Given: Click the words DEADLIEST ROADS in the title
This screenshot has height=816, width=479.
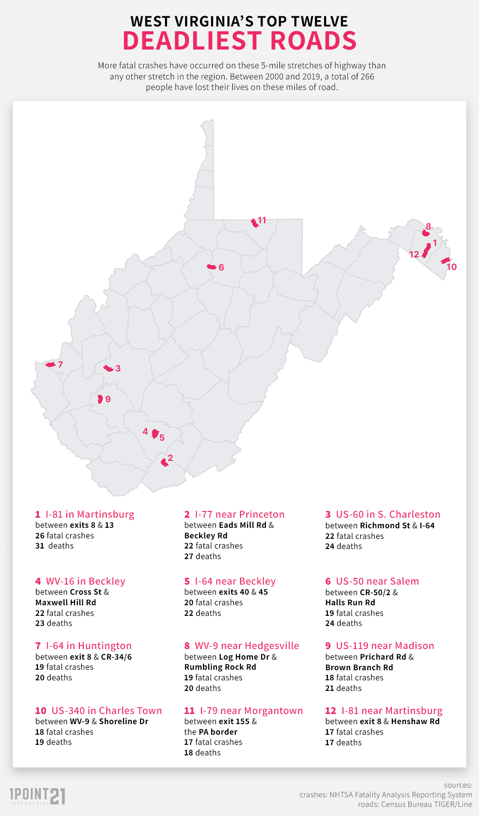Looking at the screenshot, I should [239, 41].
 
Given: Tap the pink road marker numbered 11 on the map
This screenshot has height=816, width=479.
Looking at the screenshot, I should [254, 223].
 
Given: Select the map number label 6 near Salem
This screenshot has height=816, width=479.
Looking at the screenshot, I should [221, 268].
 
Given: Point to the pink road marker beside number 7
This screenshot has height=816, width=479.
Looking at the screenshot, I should [50, 365].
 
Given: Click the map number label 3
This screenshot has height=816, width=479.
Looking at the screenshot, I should [118, 369].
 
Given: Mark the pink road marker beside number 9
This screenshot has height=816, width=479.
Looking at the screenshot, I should [100, 399].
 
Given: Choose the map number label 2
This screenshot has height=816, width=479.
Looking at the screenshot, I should [170, 458].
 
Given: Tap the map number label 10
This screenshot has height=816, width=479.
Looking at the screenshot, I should [452, 267].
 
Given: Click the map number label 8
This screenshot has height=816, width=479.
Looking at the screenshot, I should [429, 226].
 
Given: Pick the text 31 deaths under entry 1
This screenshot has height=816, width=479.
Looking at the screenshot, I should [54, 546].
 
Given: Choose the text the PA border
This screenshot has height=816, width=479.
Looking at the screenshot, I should [211, 732].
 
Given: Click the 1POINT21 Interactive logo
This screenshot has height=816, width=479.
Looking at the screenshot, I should [38, 796].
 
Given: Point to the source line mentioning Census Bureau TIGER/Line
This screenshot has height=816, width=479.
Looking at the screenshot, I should [415, 804].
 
